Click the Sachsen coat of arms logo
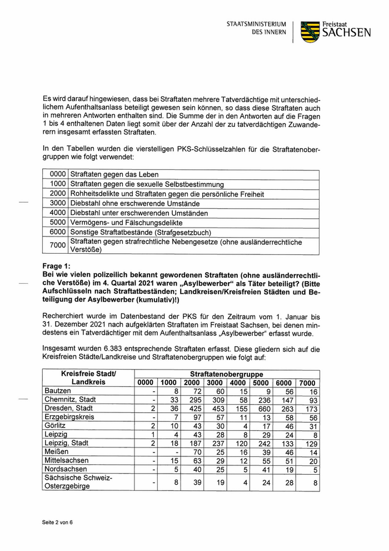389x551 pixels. coord(310,32)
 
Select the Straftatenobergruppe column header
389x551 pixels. coord(227,374)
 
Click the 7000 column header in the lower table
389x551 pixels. coord(308,383)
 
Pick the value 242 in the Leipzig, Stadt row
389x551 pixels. coord(261,443)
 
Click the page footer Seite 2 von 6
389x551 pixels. coord(58,523)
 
